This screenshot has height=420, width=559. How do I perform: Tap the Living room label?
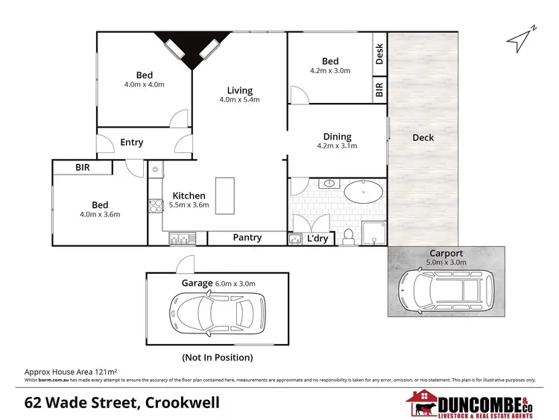(240, 91)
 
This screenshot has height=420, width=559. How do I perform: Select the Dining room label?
(337, 137)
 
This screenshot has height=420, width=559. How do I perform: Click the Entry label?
(131, 142)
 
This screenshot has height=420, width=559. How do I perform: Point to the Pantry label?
(247, 238)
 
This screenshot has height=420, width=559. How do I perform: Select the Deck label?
(423, 137)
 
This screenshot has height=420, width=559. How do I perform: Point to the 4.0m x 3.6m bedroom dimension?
(100, 215)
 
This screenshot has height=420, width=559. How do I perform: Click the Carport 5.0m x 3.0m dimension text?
(446, 262)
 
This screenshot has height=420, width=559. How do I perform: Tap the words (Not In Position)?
(217, 357)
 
